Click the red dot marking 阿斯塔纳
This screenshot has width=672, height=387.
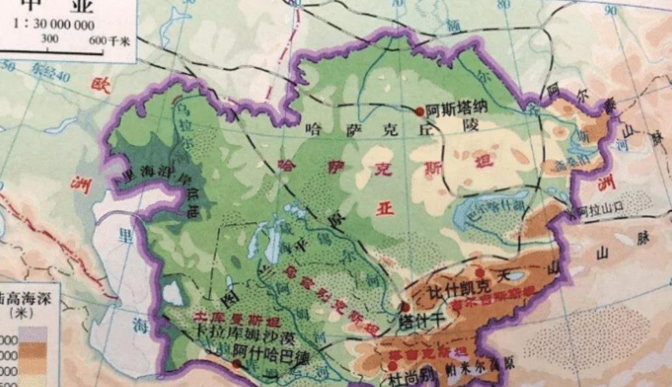[420, 111]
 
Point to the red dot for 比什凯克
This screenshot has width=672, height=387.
[479, 273]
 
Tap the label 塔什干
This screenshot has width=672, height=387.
[422, 320]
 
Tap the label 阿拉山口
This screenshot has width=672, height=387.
[590, 211]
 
